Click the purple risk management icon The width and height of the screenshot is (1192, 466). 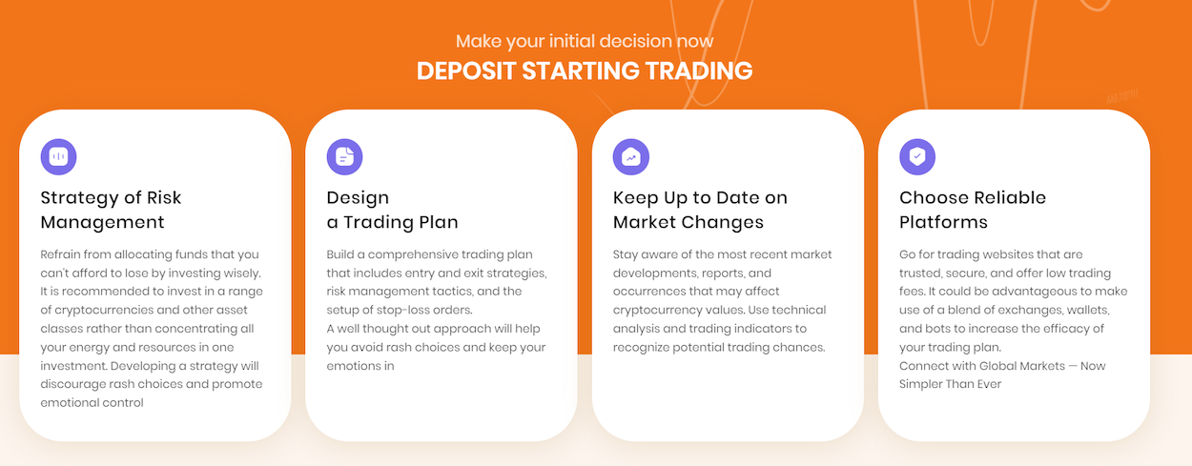(58, 157)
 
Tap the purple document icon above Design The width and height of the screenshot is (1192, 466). (345, 157)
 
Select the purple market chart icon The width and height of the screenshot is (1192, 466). (631, 157)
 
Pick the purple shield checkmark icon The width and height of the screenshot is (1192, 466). (917, 157)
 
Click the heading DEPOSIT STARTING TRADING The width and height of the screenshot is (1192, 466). (585, 71)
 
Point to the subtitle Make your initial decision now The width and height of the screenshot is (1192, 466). (585, 41)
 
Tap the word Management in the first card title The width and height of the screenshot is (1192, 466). (102, 222)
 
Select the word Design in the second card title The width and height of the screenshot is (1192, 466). (358, 198)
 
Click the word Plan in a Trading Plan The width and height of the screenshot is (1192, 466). (439, 222)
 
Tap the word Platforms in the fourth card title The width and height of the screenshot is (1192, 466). (943, 222)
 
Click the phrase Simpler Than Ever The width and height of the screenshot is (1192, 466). (951, 384)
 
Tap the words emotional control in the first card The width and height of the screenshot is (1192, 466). (92, 403)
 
